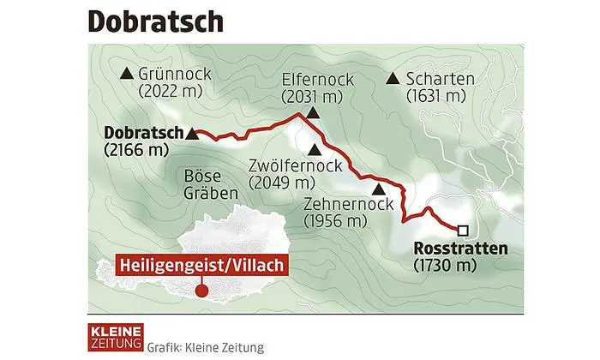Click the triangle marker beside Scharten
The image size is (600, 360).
point(393,79)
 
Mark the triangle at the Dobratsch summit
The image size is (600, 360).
point(192,135)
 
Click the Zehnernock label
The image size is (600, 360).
point(347,204)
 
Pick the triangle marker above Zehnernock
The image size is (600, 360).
point(378,189)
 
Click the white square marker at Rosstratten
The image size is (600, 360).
point(463,230)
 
